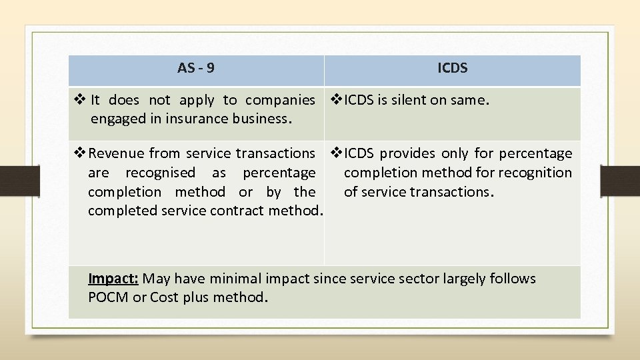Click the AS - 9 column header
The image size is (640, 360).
coord(196,68)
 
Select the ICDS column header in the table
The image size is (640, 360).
coord(453,68)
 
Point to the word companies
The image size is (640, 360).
coord(280,100)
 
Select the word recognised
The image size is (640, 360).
coord(160,173)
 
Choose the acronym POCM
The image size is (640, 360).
coord(109,297)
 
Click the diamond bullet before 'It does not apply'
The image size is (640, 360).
coord(79,100)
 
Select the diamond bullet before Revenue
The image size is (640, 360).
coord(79,153)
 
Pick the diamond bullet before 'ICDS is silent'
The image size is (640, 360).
coord(336,100)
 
